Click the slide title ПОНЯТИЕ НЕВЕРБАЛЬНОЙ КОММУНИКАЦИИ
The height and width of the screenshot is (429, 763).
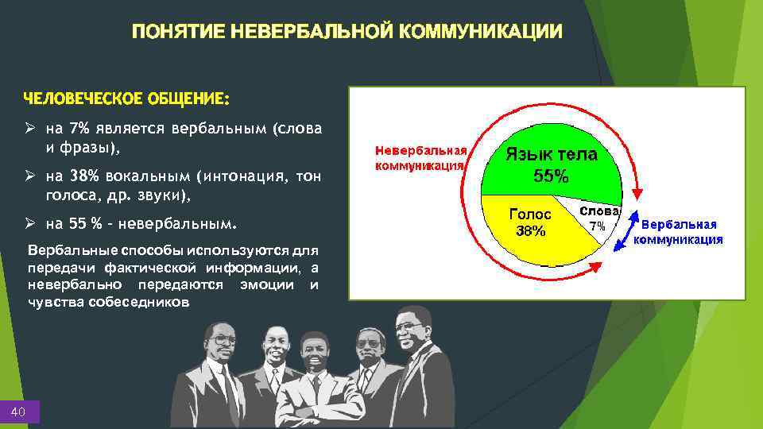[x=347, y=31]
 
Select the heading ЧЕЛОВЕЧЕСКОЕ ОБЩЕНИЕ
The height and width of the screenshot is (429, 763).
[x=126, y=99]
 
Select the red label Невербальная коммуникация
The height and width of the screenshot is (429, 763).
[x=420, y=158]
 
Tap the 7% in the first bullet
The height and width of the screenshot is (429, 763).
[x=79, y=129]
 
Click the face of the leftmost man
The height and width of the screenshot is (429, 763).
[x=223, y=343]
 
